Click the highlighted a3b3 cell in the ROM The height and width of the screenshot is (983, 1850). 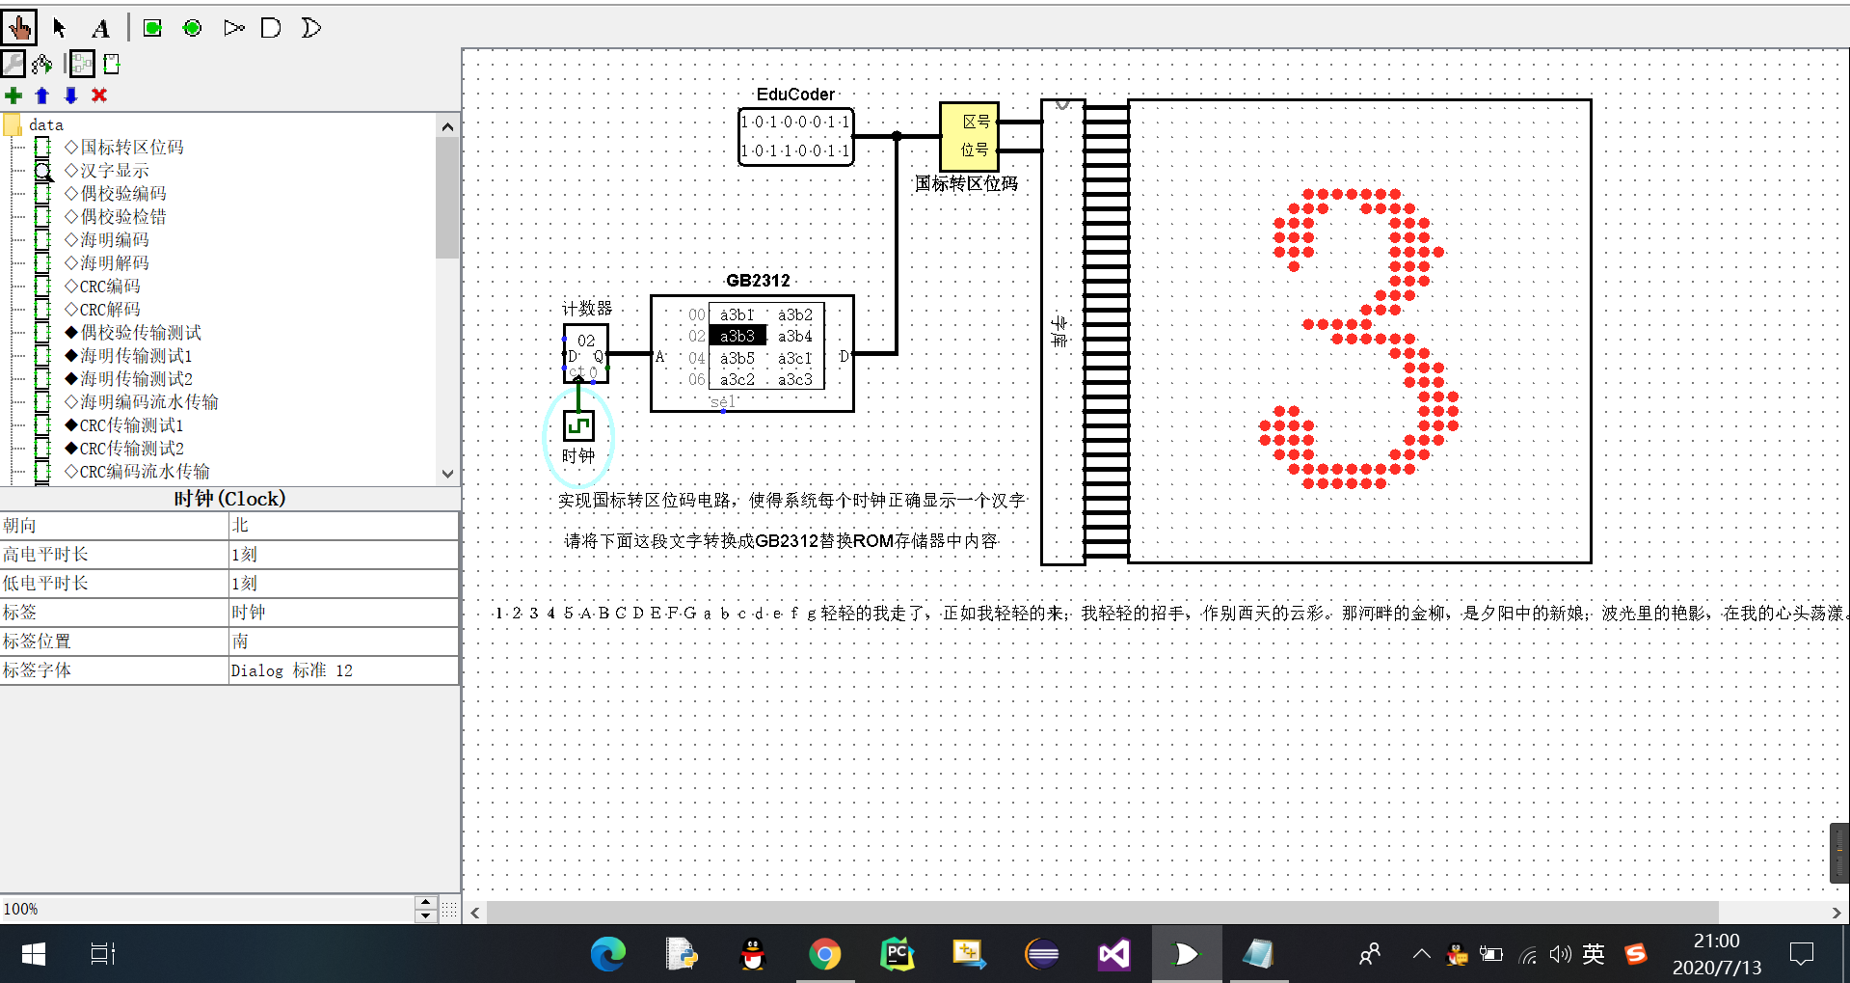(x=737, y=336)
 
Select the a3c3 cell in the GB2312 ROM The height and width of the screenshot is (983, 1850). (x=795, y=379)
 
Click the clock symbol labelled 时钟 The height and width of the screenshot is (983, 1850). (x=578, y=425)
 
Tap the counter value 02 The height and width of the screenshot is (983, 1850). (x=586, y=341)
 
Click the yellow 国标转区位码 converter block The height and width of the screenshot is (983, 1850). (x=969, y=136)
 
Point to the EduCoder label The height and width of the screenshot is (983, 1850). (x=795, y=94)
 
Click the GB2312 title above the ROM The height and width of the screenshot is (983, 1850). (x=758, y=280)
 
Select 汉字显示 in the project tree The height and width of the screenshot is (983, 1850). (x=114, y=171)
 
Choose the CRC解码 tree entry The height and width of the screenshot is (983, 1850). (x=109, y=310)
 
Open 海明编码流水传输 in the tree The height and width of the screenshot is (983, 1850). (x=148, y=402)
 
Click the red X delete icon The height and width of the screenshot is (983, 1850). (x=99, y=95)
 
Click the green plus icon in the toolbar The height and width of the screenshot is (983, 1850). (x=13, y=95)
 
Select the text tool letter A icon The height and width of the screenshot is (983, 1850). (x=101, y=28)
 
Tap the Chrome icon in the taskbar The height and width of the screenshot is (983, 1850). (x=824, y=954)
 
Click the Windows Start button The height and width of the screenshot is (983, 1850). (x=34, y=954)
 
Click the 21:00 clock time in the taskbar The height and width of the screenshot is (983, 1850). (x=1716, y=941)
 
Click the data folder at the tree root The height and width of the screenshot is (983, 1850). (x=45, y=124)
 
